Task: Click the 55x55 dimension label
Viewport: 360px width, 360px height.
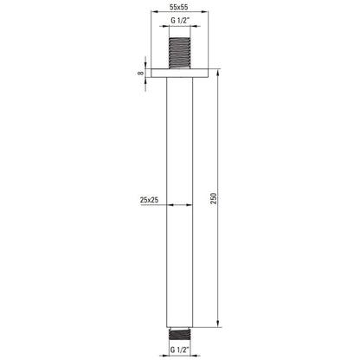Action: [178, 7]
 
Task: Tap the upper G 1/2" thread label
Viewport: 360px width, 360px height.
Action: [179, 21]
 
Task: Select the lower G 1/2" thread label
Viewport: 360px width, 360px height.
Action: [179, 350]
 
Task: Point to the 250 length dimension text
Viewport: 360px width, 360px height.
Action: [213, 198]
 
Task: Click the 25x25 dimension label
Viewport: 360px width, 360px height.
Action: [149, 200]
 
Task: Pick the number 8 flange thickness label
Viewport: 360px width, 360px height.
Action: [140, 73]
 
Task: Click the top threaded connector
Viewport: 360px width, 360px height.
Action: [179, 53]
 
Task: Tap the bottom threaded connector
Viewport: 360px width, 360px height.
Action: [179, 334]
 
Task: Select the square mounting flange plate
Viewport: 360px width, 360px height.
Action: [179, 74]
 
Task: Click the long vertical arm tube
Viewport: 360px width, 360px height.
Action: [179, 202]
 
